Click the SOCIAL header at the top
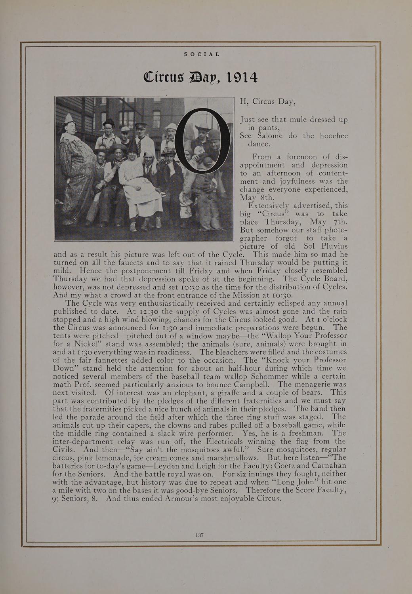click(202, 54)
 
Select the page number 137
click(199, 535)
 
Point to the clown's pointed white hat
click(70, 118)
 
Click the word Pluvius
click(331, 246)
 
